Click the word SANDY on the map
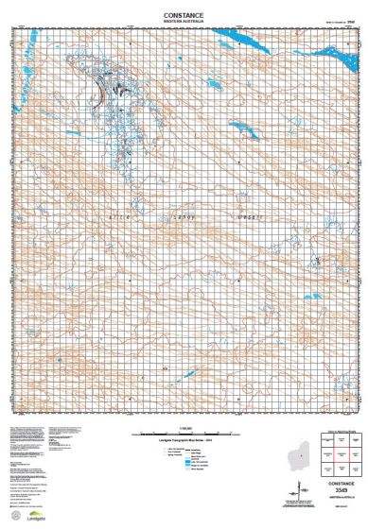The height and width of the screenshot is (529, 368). pos(184,217)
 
